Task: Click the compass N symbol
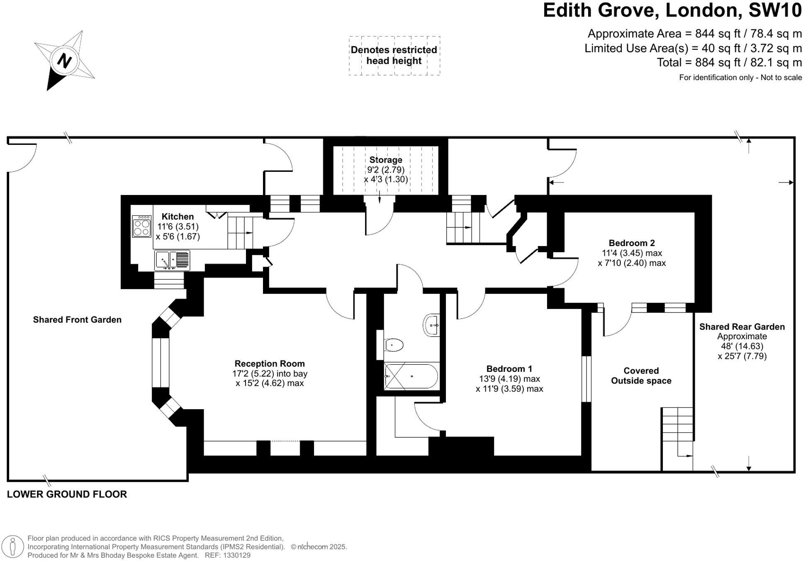click(x=64, y=61)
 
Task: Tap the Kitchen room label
click(x=178, y=217)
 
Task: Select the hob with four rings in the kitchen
click(x=142, y=227)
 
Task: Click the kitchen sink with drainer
click(x=172, y=261)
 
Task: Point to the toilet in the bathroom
click(x=393, y=345)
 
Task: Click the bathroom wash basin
click(x=432, y=325)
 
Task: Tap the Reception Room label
click(x=270, y=363)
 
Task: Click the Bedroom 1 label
click(x=509, y=368)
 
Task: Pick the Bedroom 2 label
click(x=631, y=243)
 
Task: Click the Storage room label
click(x=386, y=160)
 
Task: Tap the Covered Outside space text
click(x=641, y=376)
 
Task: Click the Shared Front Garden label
click(x=77, y=320)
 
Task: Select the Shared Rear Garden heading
click(x=742, y=327)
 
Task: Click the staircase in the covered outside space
click(x=677, y=432)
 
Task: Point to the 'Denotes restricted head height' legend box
click(x=394, y=55)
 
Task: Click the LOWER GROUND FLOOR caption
click(x=67, y=494)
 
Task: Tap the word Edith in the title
click(x=571, y=10)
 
